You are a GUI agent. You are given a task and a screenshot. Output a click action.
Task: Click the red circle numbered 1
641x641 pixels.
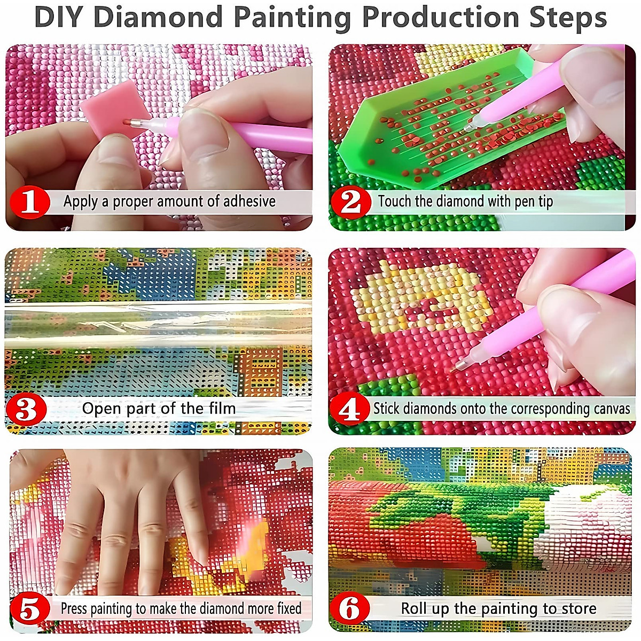pyautogui.click(x=30, y=202)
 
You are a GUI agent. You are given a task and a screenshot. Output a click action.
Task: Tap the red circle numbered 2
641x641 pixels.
pyautogui.click(x=350, y=202)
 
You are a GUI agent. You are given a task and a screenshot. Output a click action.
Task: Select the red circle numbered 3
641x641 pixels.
pyautogui.click(x=27, y=410)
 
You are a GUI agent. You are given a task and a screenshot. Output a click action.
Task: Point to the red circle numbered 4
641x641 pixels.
pyautogui.click(x=350, y=410)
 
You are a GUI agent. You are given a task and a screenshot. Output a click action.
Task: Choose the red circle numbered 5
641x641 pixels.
pyautogui.click(x=29, y=609)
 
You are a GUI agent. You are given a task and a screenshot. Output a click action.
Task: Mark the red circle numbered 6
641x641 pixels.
pyautogui.click(x=350, y=609)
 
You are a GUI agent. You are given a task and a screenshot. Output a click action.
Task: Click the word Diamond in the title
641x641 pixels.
pyautogui.click(x=158, y=17)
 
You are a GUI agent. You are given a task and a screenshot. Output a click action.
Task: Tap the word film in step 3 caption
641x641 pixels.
pyautogui.click(x=222, y=409)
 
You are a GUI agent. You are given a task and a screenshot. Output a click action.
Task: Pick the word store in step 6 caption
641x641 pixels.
pyautogui.click(x=579, y=608)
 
